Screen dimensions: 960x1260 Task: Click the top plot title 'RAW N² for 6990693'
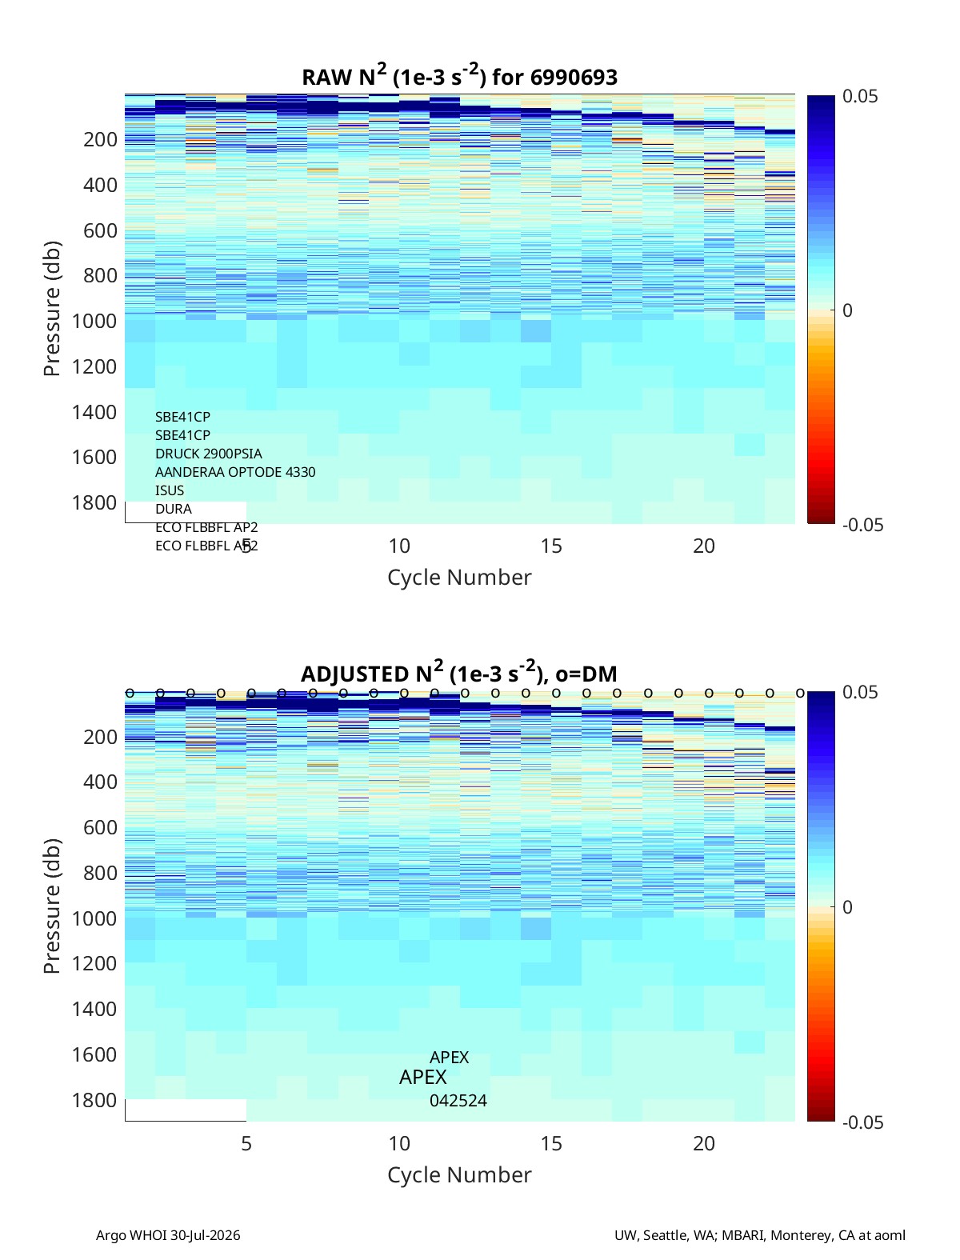(x=459, y=76)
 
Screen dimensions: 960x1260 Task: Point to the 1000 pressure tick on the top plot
(x=94, y=321)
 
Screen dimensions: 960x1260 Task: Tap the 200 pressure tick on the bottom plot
(x=101, y=737)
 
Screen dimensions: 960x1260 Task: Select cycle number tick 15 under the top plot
(x=551, y=546)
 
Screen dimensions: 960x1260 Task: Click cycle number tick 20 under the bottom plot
(x=703, y=1143)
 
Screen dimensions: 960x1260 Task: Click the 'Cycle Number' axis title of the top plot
(x=459, y=577)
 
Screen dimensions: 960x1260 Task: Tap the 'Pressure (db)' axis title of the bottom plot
(x=52, y=906)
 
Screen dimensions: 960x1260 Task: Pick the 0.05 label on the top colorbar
(x=859, y=97)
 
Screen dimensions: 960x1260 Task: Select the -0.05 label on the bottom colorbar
(x=862, y=1122)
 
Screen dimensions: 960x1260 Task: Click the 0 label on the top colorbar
(x=847, y=310)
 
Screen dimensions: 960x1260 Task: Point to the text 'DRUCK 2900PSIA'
(x=208, y=454)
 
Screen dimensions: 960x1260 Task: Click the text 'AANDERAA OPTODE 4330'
(x=235, y=472)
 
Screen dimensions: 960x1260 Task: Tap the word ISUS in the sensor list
(x=170, y=490)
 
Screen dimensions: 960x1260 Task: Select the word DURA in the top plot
(x=174, y=509)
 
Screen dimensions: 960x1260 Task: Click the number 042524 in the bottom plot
(x=458, y=1101)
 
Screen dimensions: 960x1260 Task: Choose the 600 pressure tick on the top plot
(x=101, y=230)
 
